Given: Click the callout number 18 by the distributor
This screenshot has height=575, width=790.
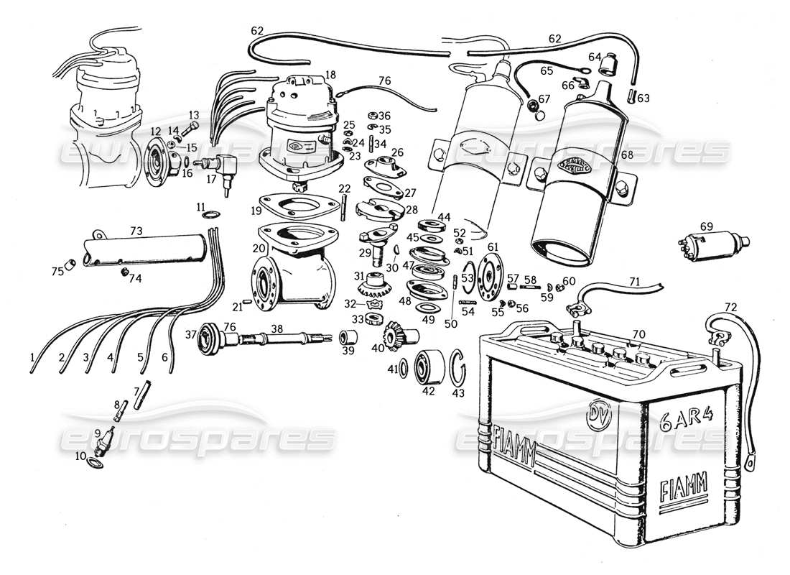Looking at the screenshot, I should click(330, 75).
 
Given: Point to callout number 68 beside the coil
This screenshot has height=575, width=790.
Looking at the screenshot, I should click(626, 155).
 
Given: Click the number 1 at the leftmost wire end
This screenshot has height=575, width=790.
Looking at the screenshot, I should click(32, 356).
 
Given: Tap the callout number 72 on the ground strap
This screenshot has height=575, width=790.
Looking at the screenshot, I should click(730, 308).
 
